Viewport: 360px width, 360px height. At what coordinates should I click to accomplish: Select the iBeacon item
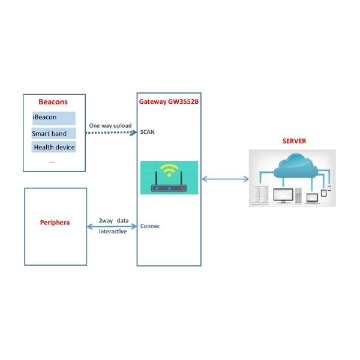[45, 118]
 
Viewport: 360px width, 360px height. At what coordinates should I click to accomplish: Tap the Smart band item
[49, 133]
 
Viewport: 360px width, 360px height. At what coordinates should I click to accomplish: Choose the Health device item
[53, 147]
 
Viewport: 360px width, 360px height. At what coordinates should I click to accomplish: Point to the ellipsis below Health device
[52, 161]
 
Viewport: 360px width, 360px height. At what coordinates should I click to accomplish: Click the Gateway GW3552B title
[169, 102]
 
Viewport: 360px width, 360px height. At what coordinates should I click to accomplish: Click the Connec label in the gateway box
[149, 226]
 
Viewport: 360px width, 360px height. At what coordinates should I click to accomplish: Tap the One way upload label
[110, 125]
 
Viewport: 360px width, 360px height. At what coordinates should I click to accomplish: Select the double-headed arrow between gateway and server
[226, 178]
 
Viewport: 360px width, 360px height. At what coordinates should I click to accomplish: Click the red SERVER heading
[294, 141]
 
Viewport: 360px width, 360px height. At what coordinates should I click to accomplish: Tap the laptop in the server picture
[312, 198]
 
